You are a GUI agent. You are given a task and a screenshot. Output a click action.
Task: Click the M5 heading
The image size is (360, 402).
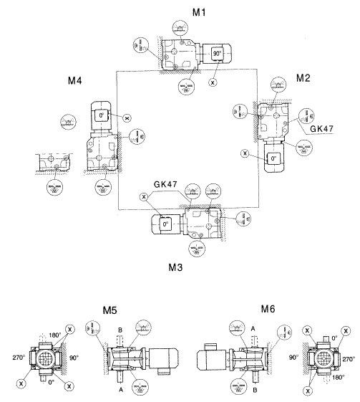112,313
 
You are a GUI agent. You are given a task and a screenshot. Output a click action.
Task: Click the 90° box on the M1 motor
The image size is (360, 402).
218,52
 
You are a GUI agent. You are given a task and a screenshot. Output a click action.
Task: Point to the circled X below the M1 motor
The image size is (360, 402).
213,83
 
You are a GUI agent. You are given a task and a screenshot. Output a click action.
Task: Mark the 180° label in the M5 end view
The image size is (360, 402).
55,334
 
